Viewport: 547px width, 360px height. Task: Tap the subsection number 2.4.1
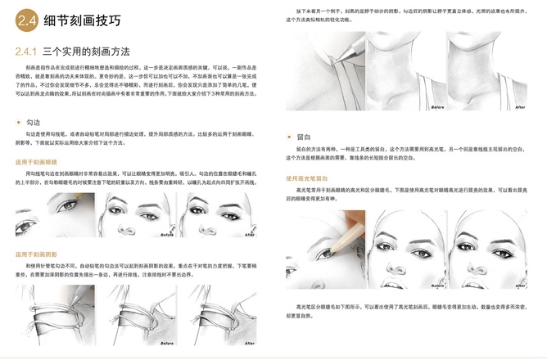(x=29, y=52)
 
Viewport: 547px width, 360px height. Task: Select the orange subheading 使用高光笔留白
(x=307, y=177)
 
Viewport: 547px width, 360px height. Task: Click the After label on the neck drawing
(x=518, y=107)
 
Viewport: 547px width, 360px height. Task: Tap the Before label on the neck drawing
(x=439, y=107)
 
